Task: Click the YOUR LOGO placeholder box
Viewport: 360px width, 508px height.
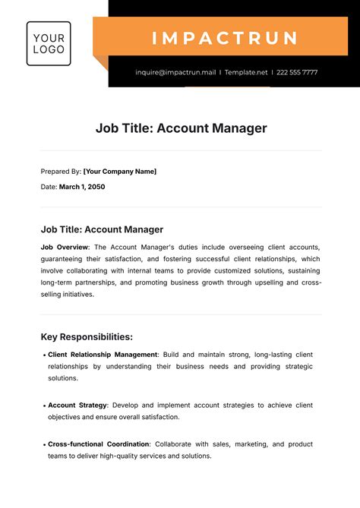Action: (49, 43)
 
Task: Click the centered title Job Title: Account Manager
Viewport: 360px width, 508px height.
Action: (181, 128)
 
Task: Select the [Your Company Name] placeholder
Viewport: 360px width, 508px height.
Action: (119, 172)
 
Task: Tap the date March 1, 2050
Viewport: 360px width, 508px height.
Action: (82, 187)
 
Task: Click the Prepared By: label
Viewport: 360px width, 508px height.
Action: (61, 172)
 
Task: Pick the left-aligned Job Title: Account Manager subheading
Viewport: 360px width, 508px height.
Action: (102, 229)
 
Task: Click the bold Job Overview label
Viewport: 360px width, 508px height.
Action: (65, 248)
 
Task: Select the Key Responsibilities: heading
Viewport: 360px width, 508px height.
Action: (87, 336)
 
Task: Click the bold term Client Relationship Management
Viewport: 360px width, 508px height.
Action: (103, 355)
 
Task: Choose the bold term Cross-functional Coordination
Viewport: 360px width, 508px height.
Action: (99, 444)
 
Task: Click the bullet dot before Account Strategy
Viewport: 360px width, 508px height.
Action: (43, 405)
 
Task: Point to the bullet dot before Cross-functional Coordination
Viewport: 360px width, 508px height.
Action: (43, 444)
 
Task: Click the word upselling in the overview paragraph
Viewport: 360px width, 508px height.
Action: (269, 282)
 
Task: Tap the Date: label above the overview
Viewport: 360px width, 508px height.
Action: (49, 187)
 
